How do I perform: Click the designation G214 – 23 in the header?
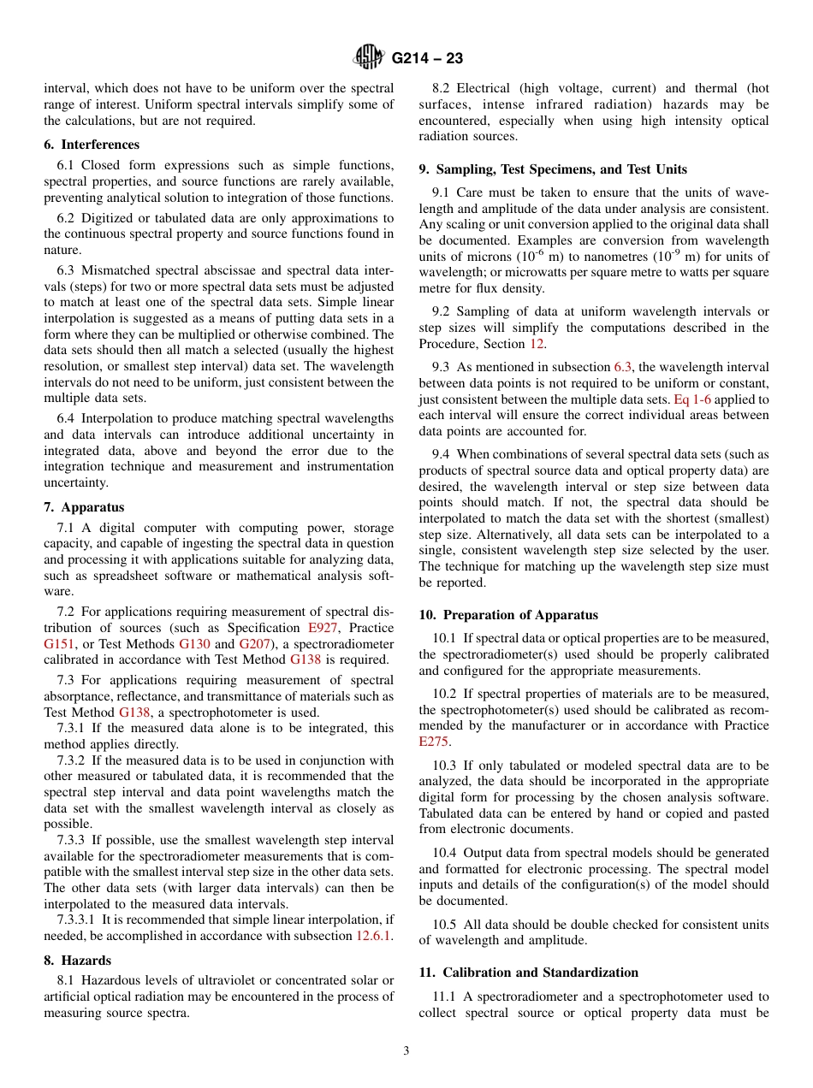[427, 58]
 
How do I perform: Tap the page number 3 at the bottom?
[406, 1051]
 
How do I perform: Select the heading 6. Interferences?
[92, 145]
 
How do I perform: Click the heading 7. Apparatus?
[84, 507]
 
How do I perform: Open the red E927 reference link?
[323, 628]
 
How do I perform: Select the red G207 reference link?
[253, 644]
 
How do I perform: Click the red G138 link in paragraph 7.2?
[306, 659]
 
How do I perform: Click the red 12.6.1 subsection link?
[374, 936]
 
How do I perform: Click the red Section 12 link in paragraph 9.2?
[537, 344]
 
